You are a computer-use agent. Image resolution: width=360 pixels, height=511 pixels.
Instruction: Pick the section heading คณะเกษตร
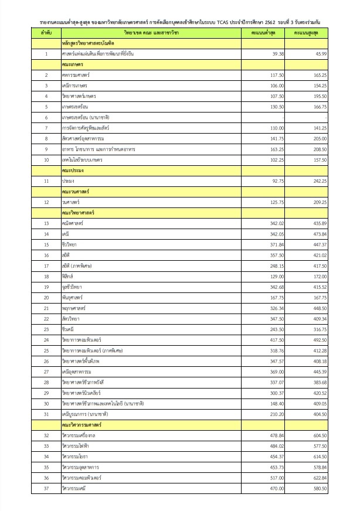72,64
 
